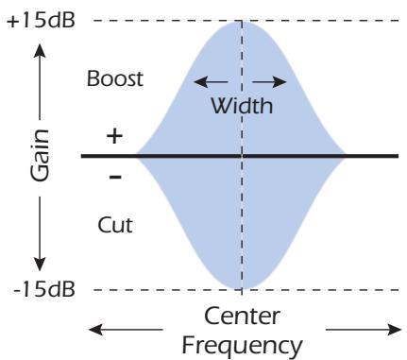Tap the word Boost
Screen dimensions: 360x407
coord(116,78)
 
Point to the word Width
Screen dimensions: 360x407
coord(242,107)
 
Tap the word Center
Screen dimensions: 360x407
coord(244,315)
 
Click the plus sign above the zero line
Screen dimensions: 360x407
coord(114,135)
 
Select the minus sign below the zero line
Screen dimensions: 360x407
coord(114,175)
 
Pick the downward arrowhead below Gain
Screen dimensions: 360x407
coord(41,264)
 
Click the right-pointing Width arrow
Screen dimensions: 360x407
coord(274,80)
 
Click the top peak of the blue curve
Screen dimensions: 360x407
coord(244,24)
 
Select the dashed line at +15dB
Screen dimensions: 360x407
coord(321,21)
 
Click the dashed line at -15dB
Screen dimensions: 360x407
coord(321,290)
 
